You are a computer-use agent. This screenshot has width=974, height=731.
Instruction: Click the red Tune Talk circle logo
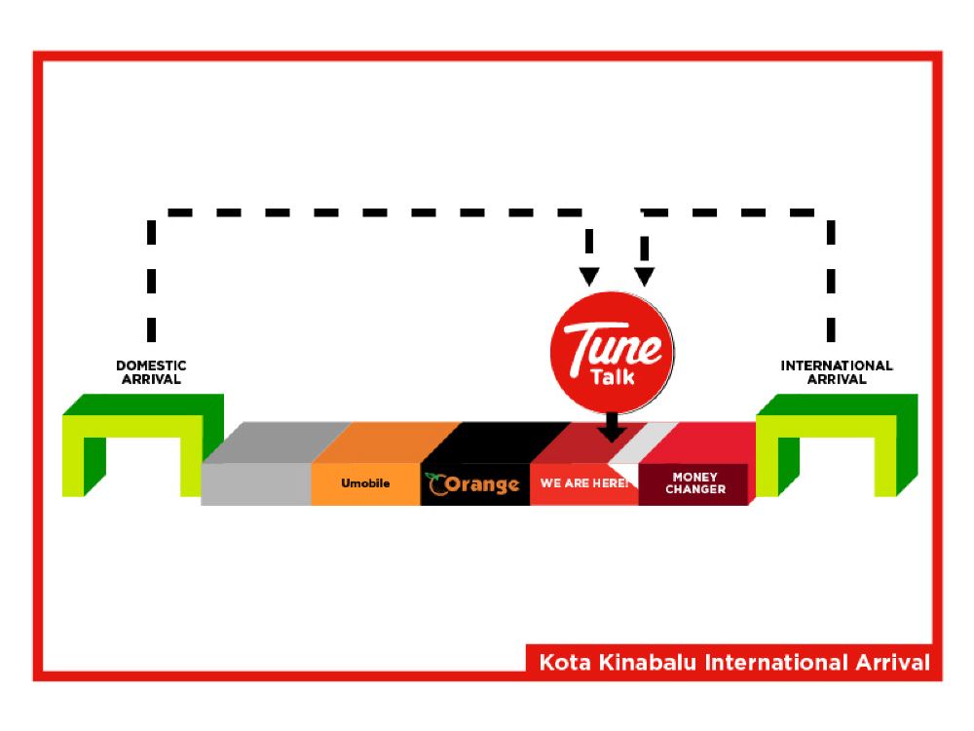coord(612,351)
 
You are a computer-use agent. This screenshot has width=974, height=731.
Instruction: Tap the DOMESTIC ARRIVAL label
coord(151,372)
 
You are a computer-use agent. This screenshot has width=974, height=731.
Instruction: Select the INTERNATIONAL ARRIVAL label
coord(836,372)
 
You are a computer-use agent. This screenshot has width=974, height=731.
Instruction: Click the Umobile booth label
coord(365,483)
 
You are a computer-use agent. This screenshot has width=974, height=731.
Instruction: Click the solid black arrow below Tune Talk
coord(612,429)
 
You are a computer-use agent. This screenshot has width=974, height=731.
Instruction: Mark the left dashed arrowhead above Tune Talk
coord(589,276)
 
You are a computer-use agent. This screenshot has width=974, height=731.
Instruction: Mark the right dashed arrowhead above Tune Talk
coord(644,276)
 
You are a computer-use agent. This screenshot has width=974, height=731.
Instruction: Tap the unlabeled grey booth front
coord(256,484)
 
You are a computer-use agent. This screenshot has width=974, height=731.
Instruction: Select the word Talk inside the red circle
coord(613,375)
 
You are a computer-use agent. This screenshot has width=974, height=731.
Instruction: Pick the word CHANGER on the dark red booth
coord(695,489)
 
